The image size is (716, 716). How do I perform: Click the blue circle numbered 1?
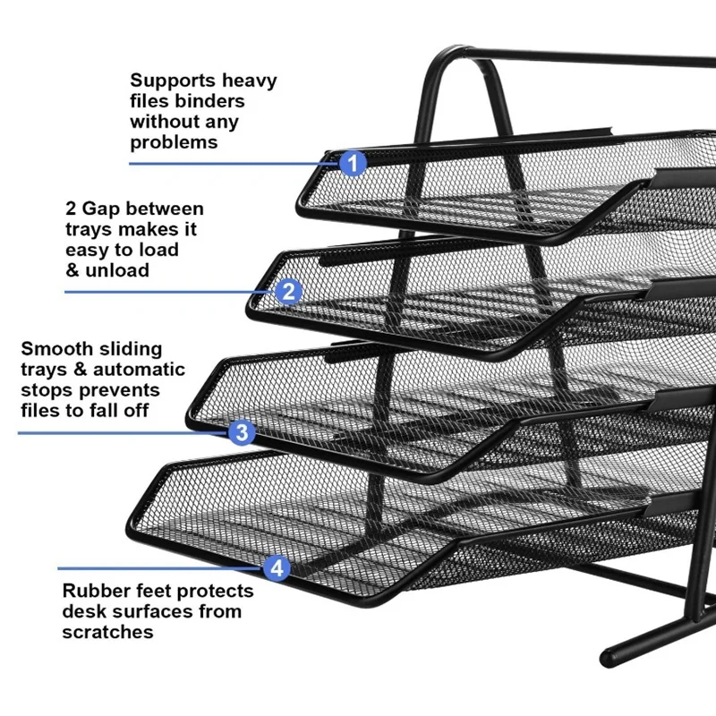click(354, 163)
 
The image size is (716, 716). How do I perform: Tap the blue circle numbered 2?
click(287, 290)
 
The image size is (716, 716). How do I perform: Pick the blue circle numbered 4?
click(277, 567)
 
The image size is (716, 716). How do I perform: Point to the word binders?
click(213, 101)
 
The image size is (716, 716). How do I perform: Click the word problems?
click(173, 142)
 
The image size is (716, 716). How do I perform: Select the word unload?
click(118, 270)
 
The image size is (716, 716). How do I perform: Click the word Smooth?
click(55, 348)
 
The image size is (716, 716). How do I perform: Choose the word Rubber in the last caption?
click(93, 592)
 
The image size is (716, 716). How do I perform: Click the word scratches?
click(107, 632)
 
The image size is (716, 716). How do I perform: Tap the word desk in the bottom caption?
click(81, 612)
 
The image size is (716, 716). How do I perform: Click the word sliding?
click(130, 348)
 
